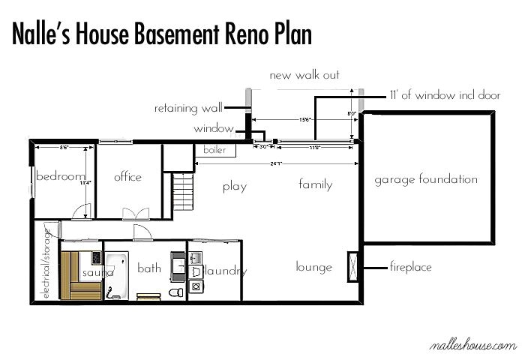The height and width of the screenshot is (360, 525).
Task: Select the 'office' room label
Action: pos(127,177)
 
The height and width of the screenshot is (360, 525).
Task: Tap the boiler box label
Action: pos(214,150)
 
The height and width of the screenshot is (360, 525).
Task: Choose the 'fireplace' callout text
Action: pos(410,267)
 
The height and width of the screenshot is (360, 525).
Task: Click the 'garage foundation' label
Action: pos(426,179)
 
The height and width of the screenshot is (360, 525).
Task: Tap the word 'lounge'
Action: pos(313,267)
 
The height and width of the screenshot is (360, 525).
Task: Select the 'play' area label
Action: pos(235,187)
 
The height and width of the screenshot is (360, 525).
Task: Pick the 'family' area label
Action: pos(315,184)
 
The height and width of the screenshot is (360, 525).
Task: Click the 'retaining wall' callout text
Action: pos(187,108)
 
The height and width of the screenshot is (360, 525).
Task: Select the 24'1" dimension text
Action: pos(278,163)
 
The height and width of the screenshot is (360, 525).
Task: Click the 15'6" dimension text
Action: pos(305,119)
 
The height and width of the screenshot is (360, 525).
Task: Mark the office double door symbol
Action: pos(131,212)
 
